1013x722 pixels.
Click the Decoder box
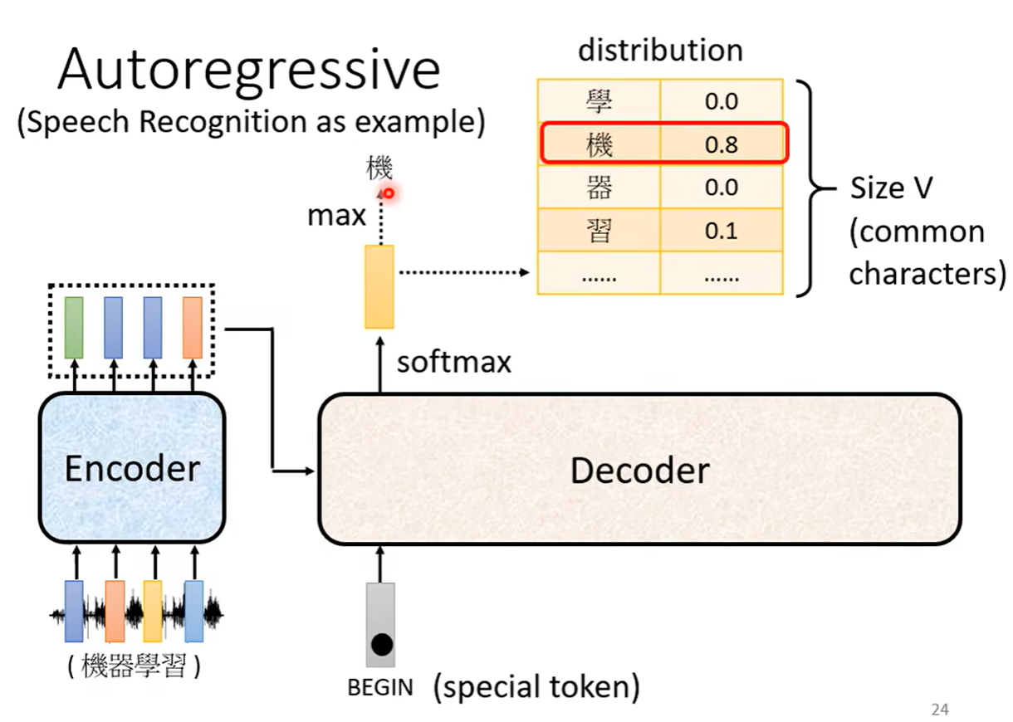click(639, 470)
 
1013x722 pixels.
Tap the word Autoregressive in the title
click(248, 70)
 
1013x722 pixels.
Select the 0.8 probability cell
click(721, 145)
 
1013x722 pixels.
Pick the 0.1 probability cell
click(721, 231)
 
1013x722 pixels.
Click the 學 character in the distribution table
click(599, 102)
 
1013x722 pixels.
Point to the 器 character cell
click(599, 188)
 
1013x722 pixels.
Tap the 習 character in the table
click(599, 231)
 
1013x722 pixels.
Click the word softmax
click(453, 362)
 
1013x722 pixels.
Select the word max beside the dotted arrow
click(336, 216)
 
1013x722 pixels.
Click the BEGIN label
click(379, 688)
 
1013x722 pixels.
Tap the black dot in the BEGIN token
click(381, 644)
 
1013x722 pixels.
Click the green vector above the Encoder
click(74, 327)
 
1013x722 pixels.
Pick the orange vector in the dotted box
click(193, 327)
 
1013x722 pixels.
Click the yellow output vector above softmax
click(379, 286)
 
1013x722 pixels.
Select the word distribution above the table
click(660, 51)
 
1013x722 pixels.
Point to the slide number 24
click(940, 710)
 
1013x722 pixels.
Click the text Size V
click(891, 188)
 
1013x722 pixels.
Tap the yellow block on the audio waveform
click(153, 612)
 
